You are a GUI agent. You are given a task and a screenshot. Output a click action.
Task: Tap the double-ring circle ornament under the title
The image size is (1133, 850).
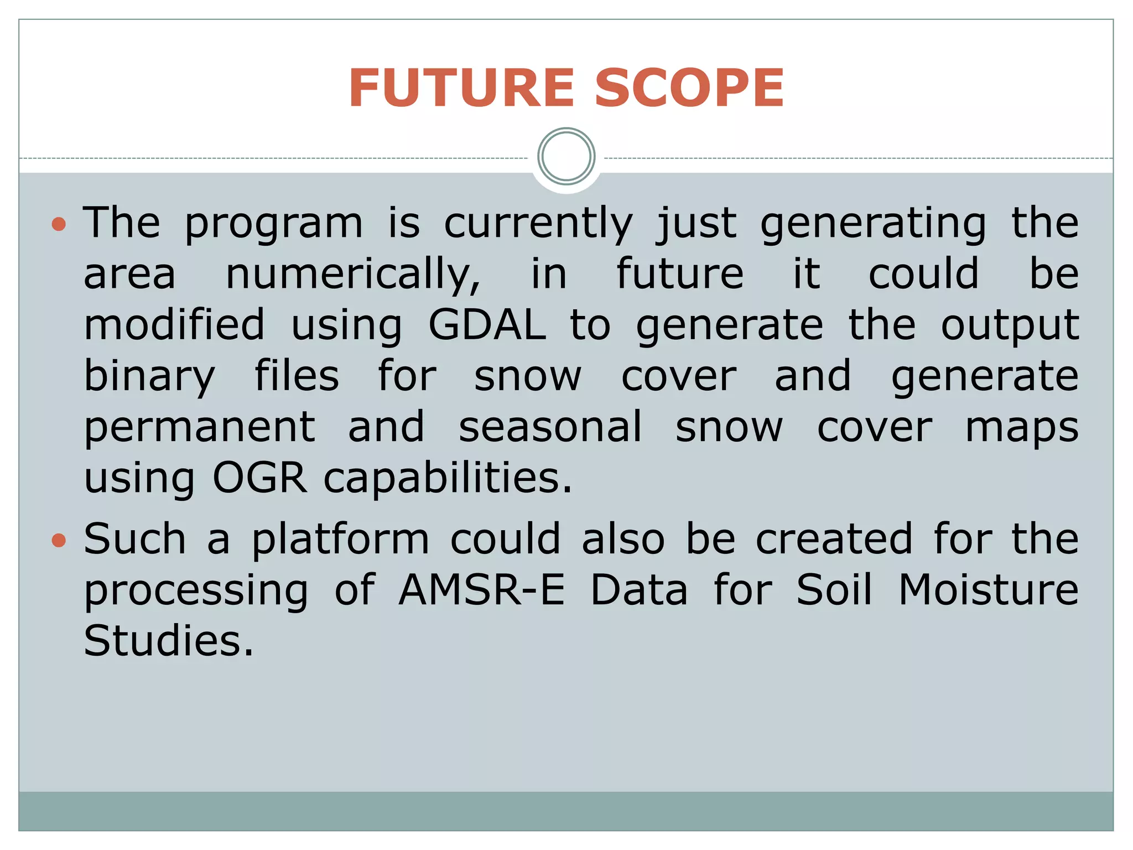coord(566,157)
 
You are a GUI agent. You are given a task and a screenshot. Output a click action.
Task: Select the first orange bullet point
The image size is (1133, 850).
coord(59,224)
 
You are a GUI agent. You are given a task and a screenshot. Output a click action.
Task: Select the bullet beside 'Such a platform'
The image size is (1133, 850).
coord(59,540)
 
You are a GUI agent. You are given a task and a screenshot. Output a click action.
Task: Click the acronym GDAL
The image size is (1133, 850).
coord(487,325)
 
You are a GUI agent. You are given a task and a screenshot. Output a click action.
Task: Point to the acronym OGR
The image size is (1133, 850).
coord(259,478)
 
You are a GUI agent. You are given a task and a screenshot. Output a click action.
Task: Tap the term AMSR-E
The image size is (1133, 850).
coord(481,590)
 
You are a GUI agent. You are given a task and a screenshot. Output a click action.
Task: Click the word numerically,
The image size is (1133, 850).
coord(353,274)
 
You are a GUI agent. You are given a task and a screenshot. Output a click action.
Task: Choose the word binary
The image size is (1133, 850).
coord(149,377)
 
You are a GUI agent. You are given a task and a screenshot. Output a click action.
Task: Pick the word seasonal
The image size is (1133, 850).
coord(550,427)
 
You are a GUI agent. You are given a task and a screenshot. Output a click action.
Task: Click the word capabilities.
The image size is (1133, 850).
coord(448,478)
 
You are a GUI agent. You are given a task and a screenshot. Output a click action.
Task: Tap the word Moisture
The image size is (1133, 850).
coord(988,590)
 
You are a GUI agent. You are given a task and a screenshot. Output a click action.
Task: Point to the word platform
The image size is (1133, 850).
coord(340,540)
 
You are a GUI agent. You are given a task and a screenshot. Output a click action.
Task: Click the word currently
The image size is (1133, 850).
coord(538,224)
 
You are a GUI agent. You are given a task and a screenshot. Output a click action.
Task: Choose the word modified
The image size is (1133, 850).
coord(174,325)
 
